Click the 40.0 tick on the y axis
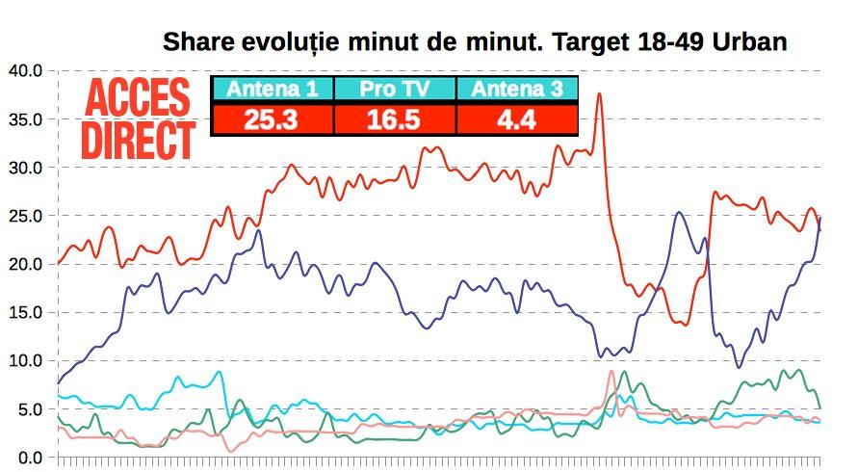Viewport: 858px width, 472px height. [24, 70]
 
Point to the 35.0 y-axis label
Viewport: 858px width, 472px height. [24, 119]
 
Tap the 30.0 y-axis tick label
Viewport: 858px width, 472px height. [24, 168]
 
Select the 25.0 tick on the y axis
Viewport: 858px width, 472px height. [24, 216]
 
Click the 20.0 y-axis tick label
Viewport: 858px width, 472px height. [24, 264]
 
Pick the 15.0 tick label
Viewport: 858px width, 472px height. [24, 312]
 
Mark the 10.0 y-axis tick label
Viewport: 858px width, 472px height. [24, 360]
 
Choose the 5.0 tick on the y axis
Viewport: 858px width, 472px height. [28, 409]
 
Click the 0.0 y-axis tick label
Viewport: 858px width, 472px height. [28, 458]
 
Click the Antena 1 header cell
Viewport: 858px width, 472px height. [272, 90]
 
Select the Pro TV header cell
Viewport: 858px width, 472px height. [394, 90]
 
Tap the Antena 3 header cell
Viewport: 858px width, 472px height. [516, 90]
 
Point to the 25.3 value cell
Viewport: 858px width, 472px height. [272, 119]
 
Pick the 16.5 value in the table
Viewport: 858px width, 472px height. [394, 119]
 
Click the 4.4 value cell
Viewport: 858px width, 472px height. [516, 119]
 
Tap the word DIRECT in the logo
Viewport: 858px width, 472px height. [138, 140]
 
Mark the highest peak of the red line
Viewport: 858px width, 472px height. [599, 93]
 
